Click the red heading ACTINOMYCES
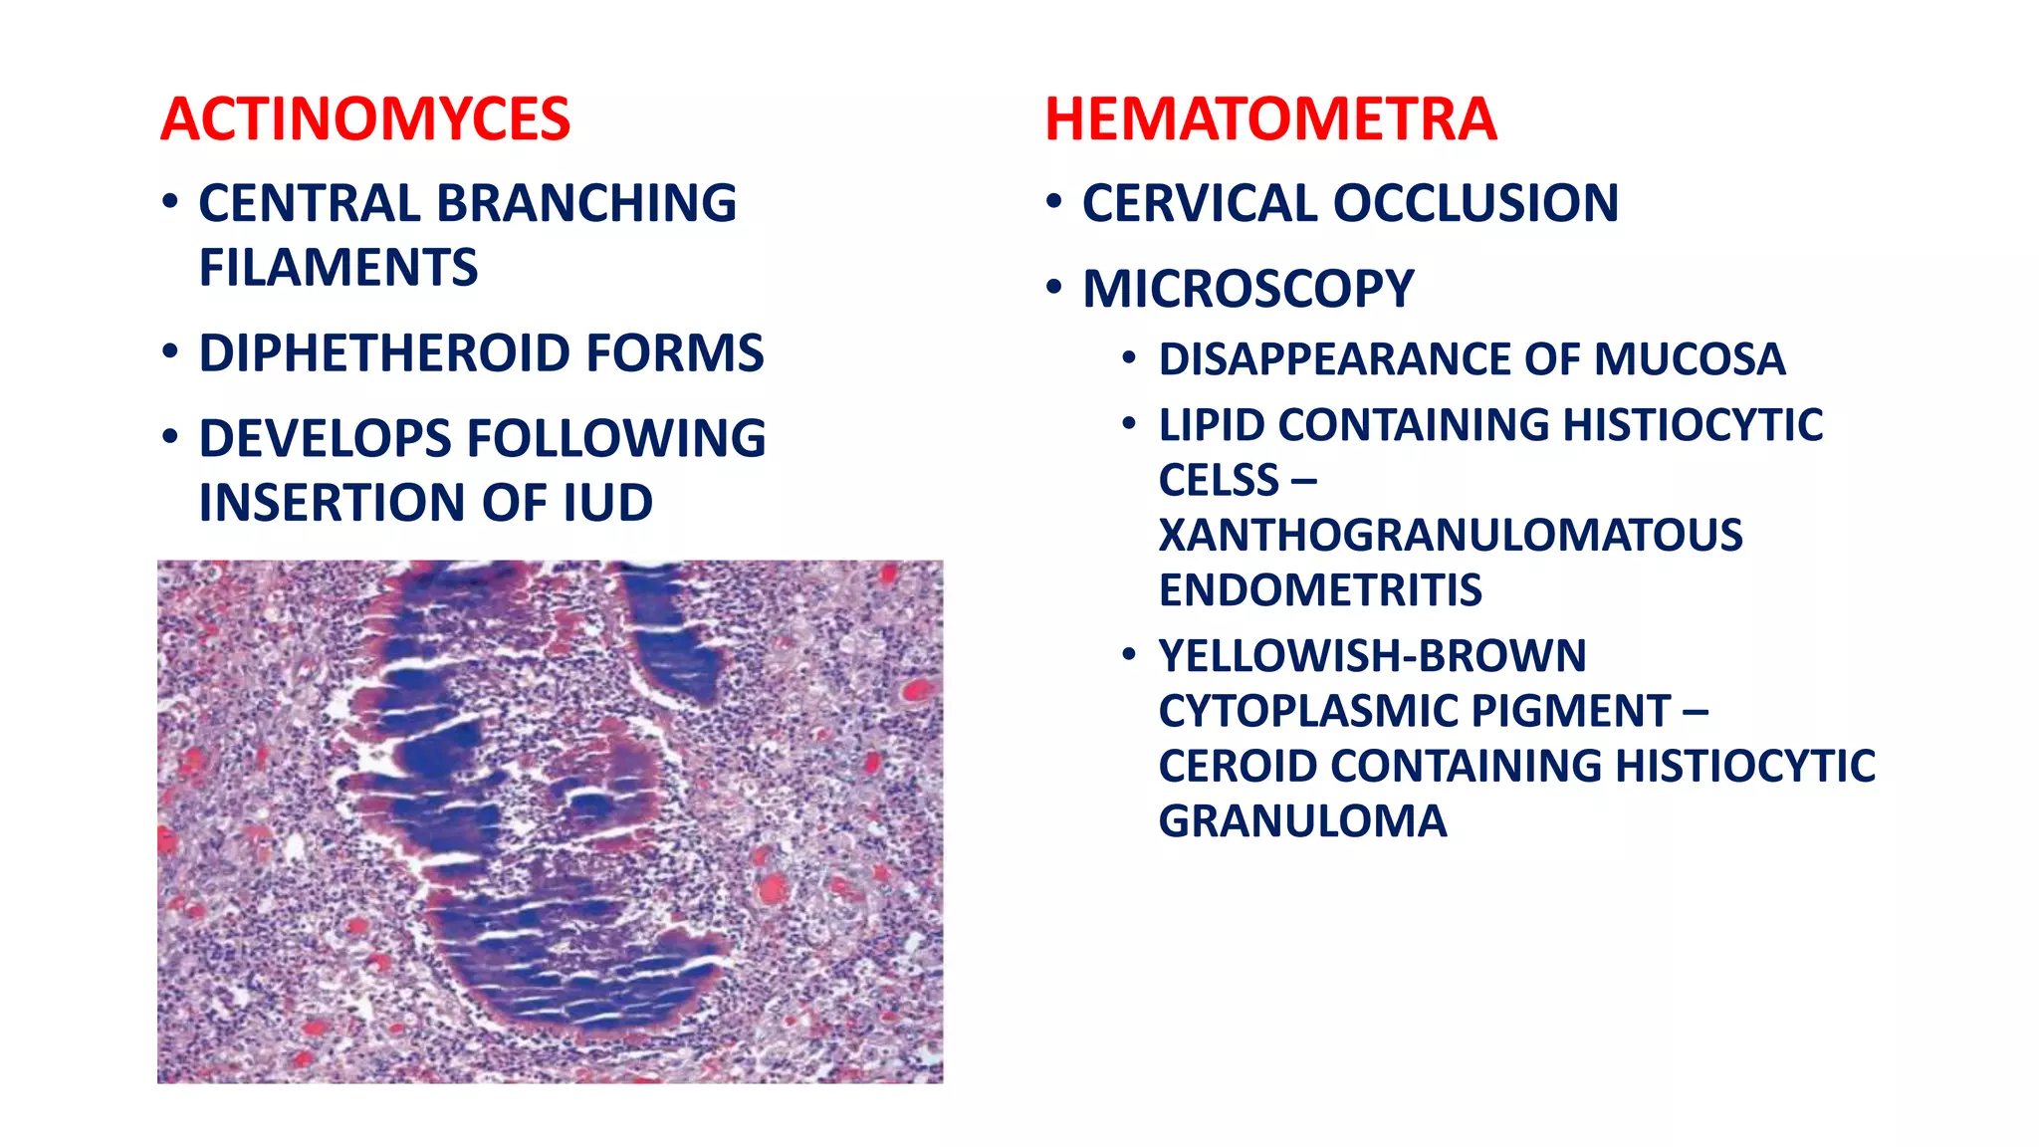coord(364,119)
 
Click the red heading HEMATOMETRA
coord(1270,119)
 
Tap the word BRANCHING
coord(586,203)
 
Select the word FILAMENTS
coord(339,268)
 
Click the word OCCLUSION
coord(1474,203)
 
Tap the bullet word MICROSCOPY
coord(1247,289)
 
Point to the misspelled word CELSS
coord(1219,481)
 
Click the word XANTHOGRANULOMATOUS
coord(1450,536)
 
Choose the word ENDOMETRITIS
coord(1320,590)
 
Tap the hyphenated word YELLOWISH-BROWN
coord(1372,656)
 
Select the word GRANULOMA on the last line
coord(1302,821)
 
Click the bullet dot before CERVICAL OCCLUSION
coord(1054,202)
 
